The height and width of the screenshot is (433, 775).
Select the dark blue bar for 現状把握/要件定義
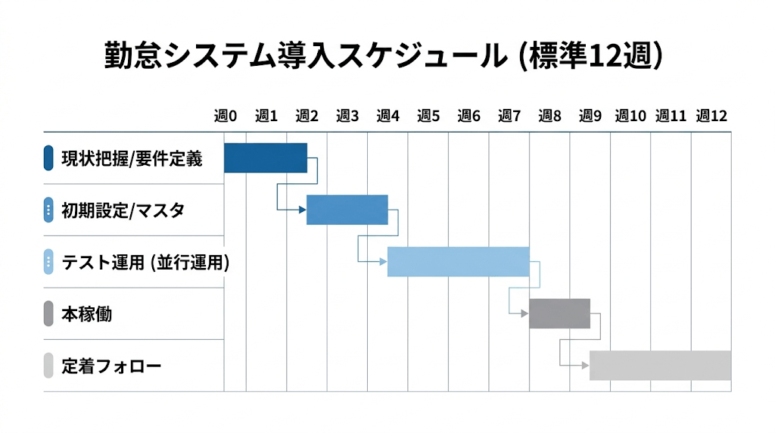266,157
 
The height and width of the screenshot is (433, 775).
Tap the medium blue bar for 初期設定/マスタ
347,210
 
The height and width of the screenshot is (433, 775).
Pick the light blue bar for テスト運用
458,262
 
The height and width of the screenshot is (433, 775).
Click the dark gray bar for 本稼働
559,313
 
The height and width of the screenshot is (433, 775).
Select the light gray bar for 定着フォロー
660,365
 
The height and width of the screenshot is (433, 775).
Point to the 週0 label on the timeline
226,116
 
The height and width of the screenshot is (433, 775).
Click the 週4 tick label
387,116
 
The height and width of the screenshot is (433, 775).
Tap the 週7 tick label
509,116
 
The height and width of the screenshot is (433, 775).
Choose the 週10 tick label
630,116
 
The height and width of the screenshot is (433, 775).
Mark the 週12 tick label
711,116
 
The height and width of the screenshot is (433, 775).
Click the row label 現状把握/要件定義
132,158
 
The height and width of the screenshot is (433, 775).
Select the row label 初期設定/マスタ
123,210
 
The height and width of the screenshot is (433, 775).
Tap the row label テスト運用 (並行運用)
145,263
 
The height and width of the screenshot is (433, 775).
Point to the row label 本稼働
86,314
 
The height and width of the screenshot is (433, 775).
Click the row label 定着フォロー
111,366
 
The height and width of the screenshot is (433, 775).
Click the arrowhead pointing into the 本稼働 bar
525,313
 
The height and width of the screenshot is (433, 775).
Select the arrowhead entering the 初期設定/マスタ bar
303,210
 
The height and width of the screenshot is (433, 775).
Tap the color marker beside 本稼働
48,313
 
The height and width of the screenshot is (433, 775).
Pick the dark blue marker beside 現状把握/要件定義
48,157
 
